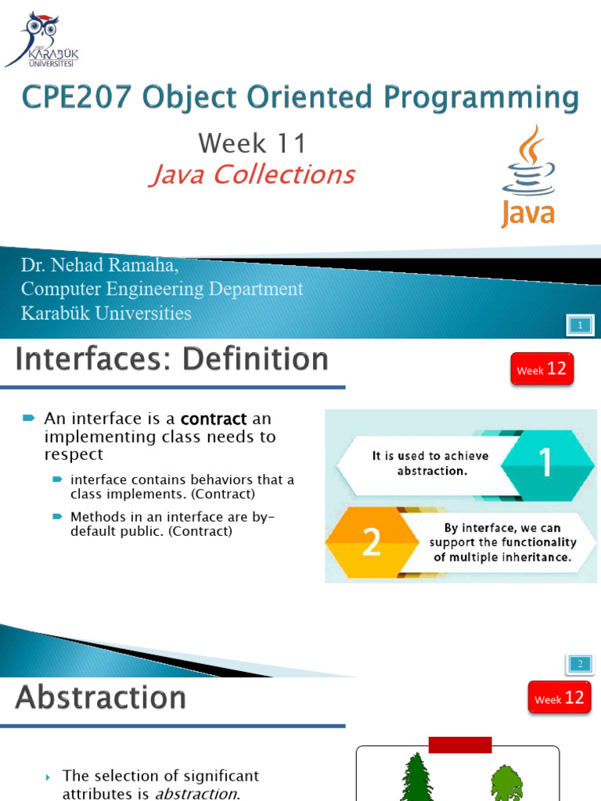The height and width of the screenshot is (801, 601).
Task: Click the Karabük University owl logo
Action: pos(41,38)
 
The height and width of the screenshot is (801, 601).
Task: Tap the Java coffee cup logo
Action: pos(528,176)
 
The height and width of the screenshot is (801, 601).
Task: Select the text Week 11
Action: pos(252,143)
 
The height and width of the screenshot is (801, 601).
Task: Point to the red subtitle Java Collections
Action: pos(252,174)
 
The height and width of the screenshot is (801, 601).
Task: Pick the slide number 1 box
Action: pos(580,325)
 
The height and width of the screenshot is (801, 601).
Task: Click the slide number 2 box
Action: pos(580,664)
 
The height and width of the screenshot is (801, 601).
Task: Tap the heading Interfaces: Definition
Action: pos(172,360)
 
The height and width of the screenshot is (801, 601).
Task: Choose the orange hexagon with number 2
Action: pos(371,543)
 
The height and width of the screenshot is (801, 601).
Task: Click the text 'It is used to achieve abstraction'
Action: pos(430,462)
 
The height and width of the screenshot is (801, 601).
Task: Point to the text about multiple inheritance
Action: pos(503,543)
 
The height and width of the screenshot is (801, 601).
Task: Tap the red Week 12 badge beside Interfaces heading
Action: pos(542,369)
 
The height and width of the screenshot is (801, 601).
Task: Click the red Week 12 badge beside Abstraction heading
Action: pos(560,699)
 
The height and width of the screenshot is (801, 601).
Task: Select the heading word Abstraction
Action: pos(101,698)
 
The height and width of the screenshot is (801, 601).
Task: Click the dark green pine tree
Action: pos(417,778)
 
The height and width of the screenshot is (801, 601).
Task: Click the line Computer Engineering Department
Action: pos(162,289)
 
